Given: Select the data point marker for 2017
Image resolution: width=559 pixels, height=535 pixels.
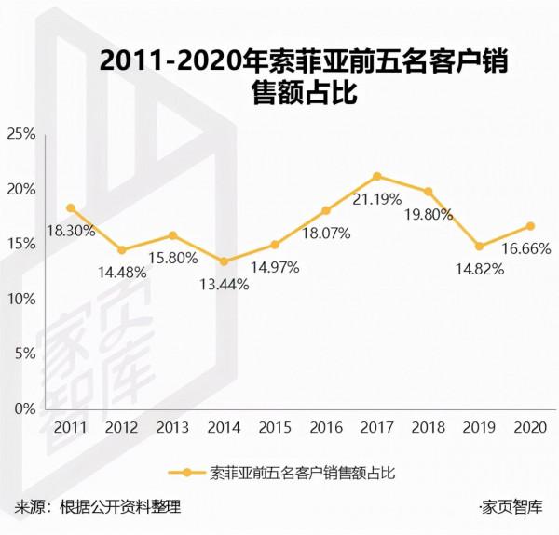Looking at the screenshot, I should click(x=376, y=176).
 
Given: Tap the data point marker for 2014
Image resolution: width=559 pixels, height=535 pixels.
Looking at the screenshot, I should click(x=224, y=261).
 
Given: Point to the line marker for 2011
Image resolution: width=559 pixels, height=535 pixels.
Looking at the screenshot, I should click(x=71, y=207).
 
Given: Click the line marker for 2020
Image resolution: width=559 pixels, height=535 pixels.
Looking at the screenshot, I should click(x=530, y=226).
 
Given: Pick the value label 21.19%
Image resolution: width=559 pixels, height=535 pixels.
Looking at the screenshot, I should click(x=377, y=198).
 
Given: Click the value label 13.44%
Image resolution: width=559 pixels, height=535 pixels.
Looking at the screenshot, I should click(x=225, y=284).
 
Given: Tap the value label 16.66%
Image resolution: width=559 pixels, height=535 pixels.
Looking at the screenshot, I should click(x=528, y=248).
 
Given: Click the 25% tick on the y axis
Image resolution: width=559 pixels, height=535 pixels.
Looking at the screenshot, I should click(x=20, y=134).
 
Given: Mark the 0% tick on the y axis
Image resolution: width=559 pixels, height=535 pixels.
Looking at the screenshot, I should click(x=24, y=408).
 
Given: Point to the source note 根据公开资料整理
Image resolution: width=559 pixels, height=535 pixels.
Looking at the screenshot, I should click(x=119, y=508).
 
